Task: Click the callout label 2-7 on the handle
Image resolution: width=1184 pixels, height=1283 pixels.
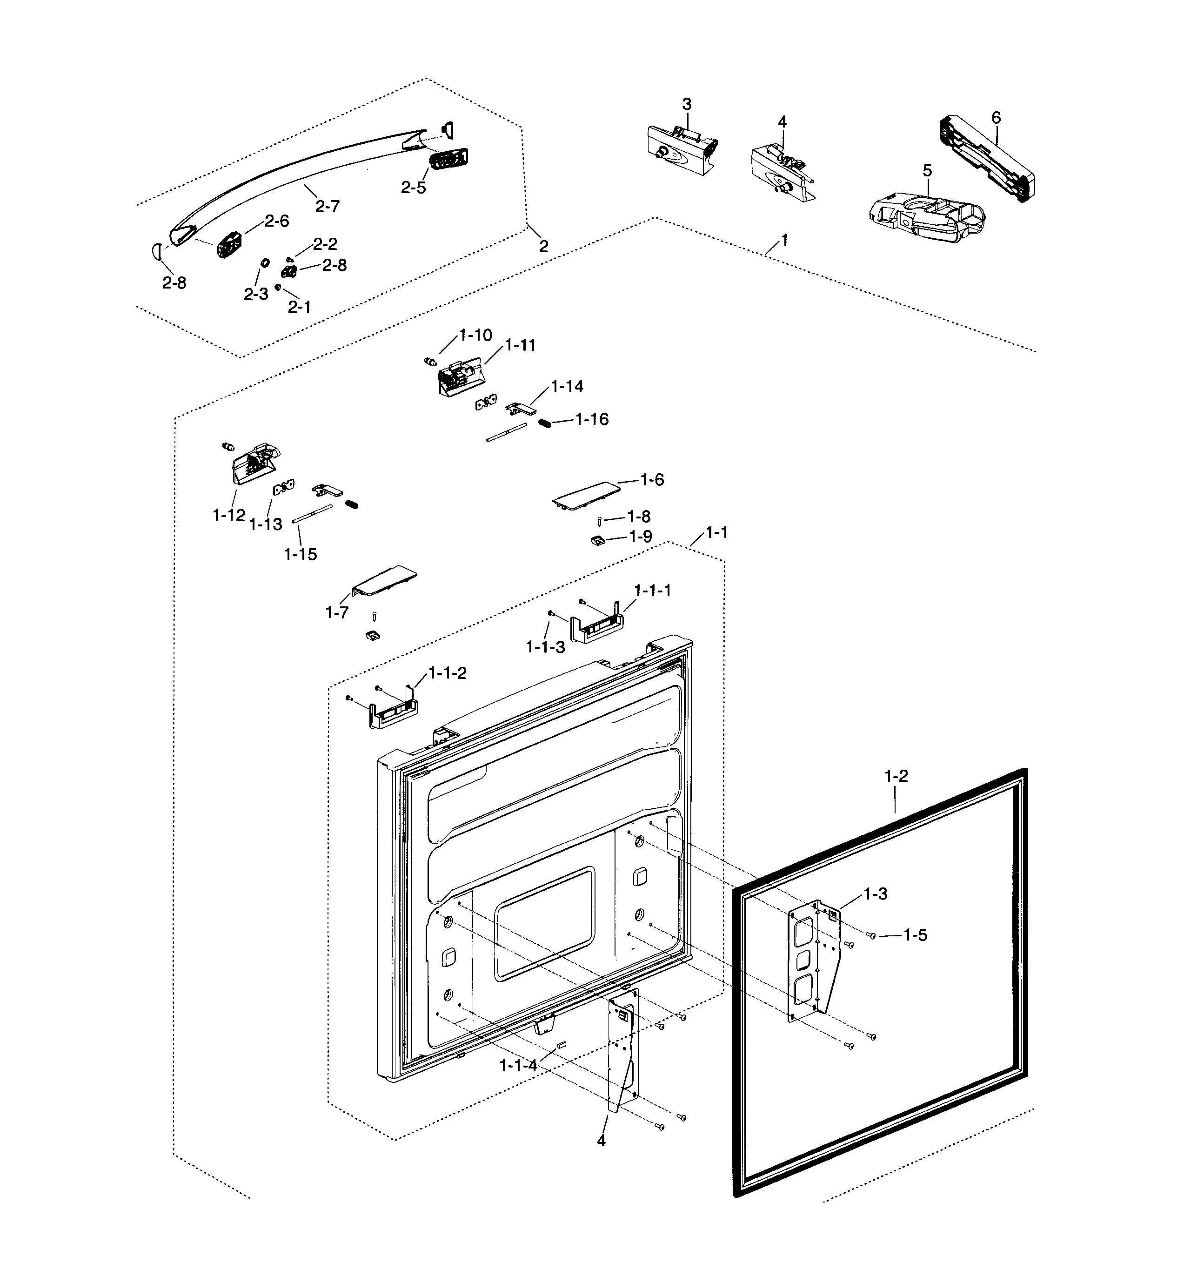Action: [328, 206]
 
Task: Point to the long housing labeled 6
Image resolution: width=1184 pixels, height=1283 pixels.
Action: [987, 159]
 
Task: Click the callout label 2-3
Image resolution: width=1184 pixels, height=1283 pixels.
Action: [255, 294]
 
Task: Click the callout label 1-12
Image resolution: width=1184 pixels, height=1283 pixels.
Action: [229, 515]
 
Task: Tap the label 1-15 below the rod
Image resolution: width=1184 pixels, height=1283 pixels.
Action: [301, 554]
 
